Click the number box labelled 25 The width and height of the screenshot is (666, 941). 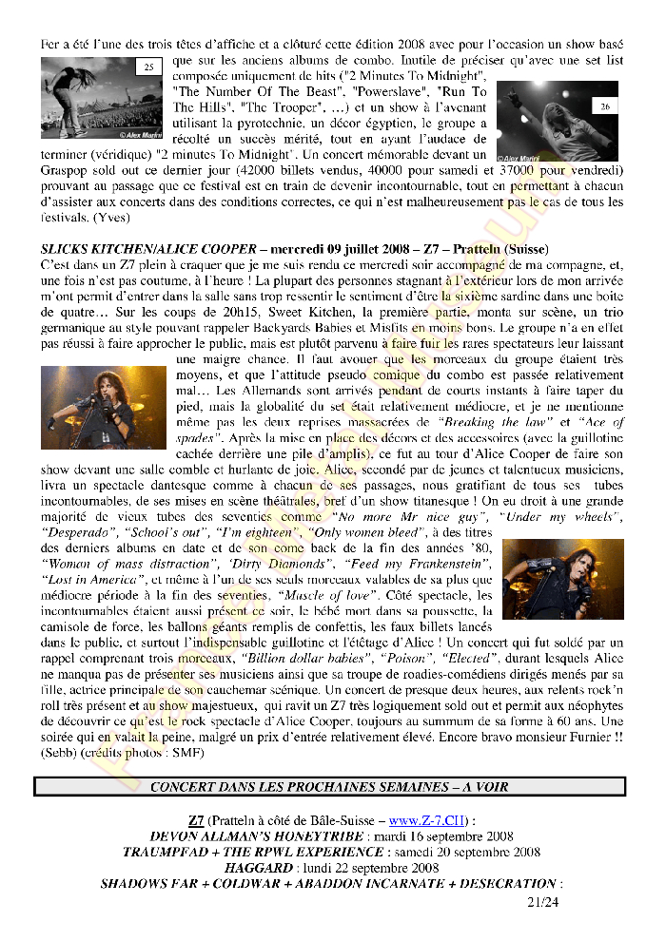(148, 67)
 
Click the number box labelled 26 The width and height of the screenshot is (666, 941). (605, 107)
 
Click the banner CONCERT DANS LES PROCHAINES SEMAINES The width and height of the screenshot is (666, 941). (329, 787)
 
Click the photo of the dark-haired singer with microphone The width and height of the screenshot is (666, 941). (103, 406)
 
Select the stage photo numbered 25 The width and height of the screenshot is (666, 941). (102, 98)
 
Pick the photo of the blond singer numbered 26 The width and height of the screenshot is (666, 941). (557, 120)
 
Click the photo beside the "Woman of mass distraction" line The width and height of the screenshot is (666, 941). (562, 579)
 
